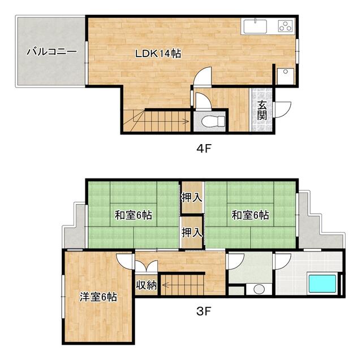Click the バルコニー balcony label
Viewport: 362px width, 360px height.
[x=51, y=51]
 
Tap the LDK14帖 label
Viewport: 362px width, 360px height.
[x=158, y=54]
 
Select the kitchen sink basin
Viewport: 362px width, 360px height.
[x=255, y=27]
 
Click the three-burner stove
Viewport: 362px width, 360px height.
[x=286, y=26]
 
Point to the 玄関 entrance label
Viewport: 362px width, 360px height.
[x=262, y=111]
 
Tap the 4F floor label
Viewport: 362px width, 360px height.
[x=204, y=149]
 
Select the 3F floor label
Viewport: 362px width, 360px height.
[x=204, y=311]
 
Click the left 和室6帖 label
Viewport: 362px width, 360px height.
[x=133, y=215]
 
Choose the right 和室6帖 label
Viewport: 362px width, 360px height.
[x=250, y=215]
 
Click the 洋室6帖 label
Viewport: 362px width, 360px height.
[x=98, y=297]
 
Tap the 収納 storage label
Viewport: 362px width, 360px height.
[x=146, y=285]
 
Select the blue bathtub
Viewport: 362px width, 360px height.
[x=322, y=284]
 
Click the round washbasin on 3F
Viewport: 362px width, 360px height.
[x=259, y=289]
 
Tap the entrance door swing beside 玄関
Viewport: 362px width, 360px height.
[x=282, y=110]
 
